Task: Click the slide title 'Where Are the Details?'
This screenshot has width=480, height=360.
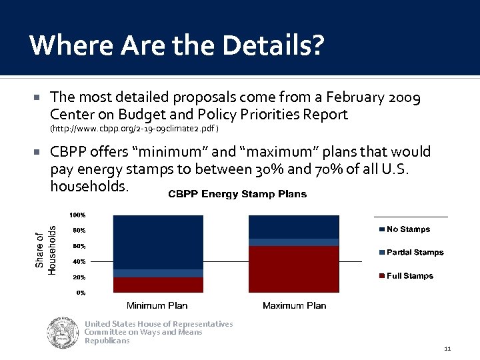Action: (x=177, y=45)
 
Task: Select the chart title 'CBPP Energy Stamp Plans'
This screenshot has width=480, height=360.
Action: (x=237, y=194)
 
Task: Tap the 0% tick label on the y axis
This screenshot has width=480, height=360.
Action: (x=80, y=293)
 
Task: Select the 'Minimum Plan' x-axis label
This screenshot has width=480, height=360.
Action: (x=157, y=306)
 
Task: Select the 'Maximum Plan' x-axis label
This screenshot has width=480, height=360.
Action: (x=294, y=306)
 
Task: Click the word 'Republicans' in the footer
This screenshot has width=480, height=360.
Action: (x=107, y=341)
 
